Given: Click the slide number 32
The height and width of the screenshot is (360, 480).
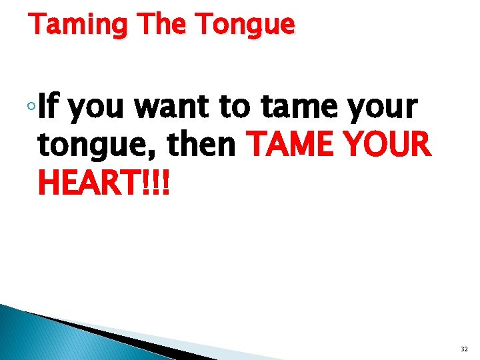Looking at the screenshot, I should [x=464, y=349].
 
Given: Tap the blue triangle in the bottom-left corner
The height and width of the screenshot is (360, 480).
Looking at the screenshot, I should [x=40, y=337].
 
